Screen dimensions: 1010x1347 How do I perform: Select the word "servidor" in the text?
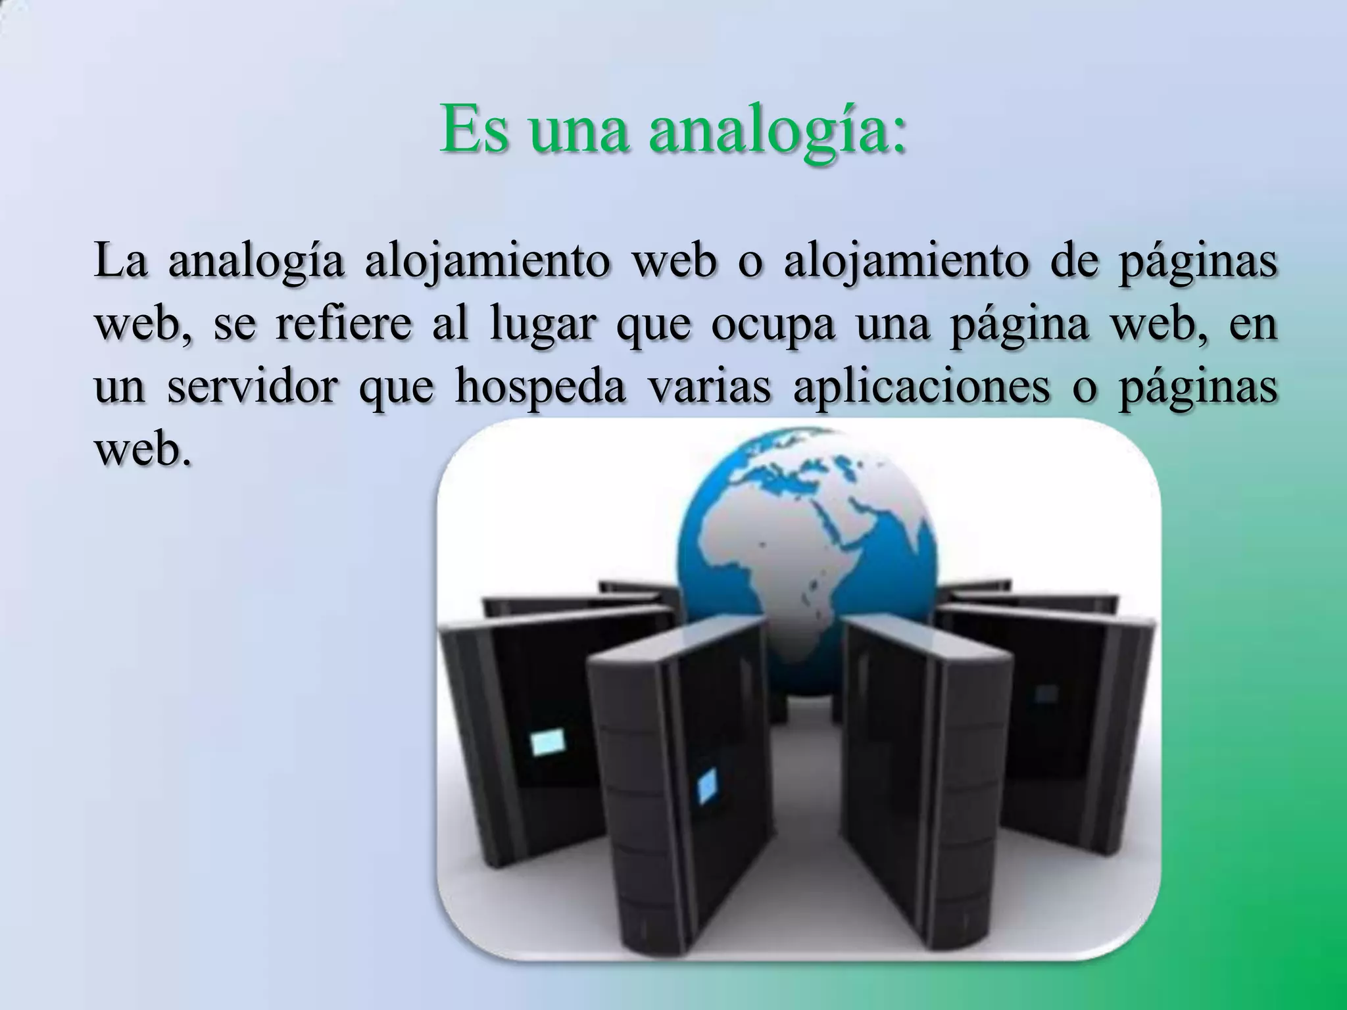[253, 387]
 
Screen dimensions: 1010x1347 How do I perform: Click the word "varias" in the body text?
[710, 387]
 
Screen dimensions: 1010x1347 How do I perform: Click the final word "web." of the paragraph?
[143, 450]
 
